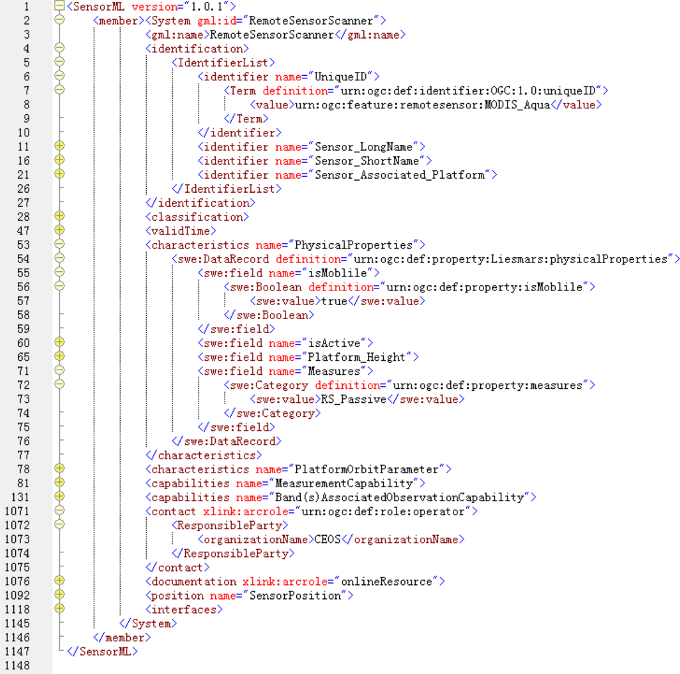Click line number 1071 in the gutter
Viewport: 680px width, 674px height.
(17, 511)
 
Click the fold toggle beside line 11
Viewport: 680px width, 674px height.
(59, 147)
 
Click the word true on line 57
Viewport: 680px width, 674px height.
(335, 301)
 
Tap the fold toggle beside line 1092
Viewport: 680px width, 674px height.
(59, 596)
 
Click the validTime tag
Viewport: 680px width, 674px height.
(181, 231)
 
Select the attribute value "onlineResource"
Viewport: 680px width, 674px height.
(389, 582)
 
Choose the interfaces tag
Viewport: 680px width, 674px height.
(184, 610)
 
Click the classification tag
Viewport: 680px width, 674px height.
(197, 217)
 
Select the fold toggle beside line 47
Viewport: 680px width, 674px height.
(59, 231)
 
